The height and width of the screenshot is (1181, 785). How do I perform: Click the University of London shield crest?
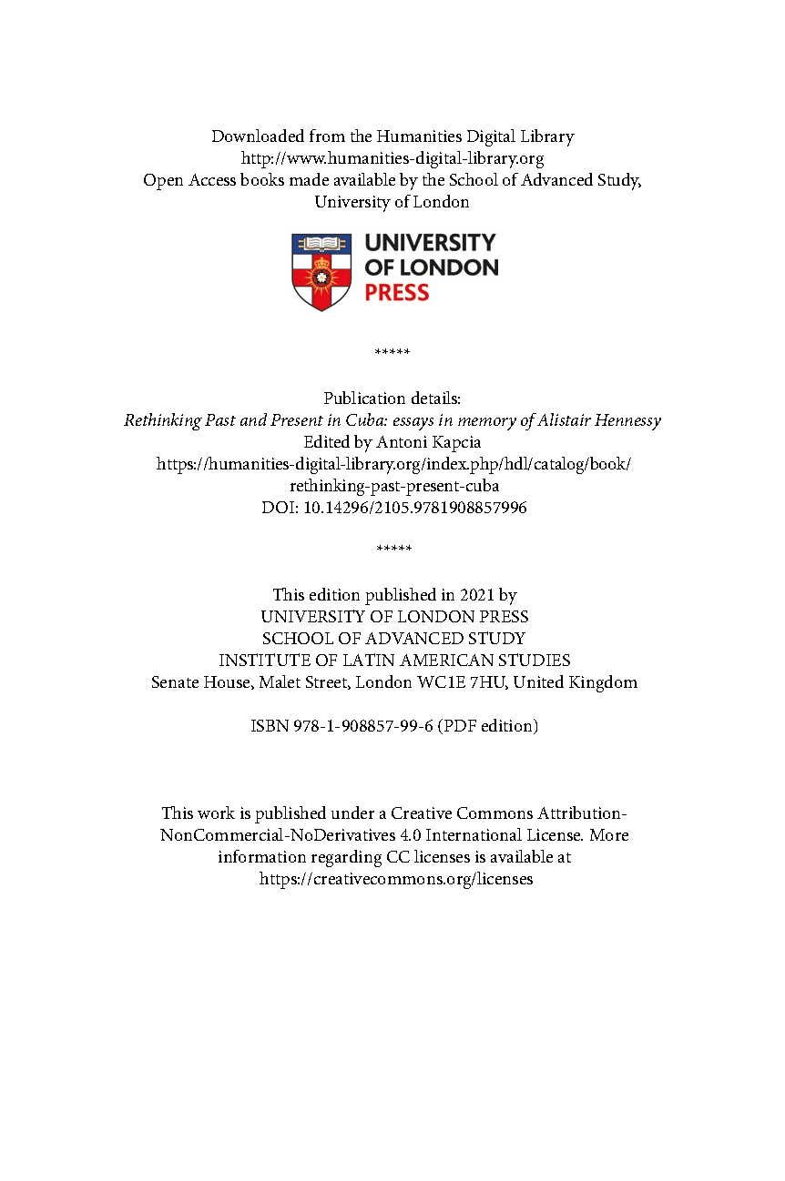coord(321,271)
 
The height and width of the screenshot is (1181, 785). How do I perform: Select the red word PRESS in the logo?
coord(396,293)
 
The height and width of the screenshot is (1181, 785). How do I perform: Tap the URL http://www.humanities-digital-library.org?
coord(392,158)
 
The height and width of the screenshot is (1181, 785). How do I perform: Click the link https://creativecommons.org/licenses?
coord(396,879)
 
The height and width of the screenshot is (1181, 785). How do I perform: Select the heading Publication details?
coord(392,399)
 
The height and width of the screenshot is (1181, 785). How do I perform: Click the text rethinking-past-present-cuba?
coord(393,486)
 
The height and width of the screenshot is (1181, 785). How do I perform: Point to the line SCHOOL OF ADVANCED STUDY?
coord(393,639)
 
